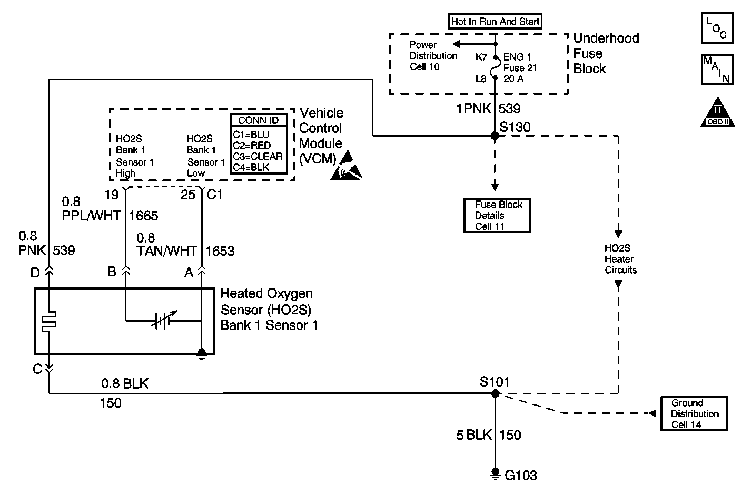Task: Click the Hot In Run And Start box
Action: pos(495,22)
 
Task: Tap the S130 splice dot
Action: pos(495,136)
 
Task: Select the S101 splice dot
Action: pos(495,393)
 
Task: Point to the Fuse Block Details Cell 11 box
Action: pos(497,215)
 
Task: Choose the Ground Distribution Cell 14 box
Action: pos(694,414)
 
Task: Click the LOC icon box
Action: pos(717,28)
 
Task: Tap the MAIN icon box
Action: pos(717,70)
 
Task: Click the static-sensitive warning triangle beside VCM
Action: pos(347,166)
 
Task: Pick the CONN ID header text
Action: pos(259,120)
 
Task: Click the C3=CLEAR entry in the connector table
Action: pos(258,156)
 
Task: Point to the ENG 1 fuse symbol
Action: pos(495,68)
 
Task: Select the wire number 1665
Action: pos(143,216)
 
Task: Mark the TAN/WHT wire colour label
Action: pos(167,251)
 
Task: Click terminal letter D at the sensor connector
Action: pos(35,273)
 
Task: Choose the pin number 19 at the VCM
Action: pos(111,195)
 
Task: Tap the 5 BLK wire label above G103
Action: pos(473,435)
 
